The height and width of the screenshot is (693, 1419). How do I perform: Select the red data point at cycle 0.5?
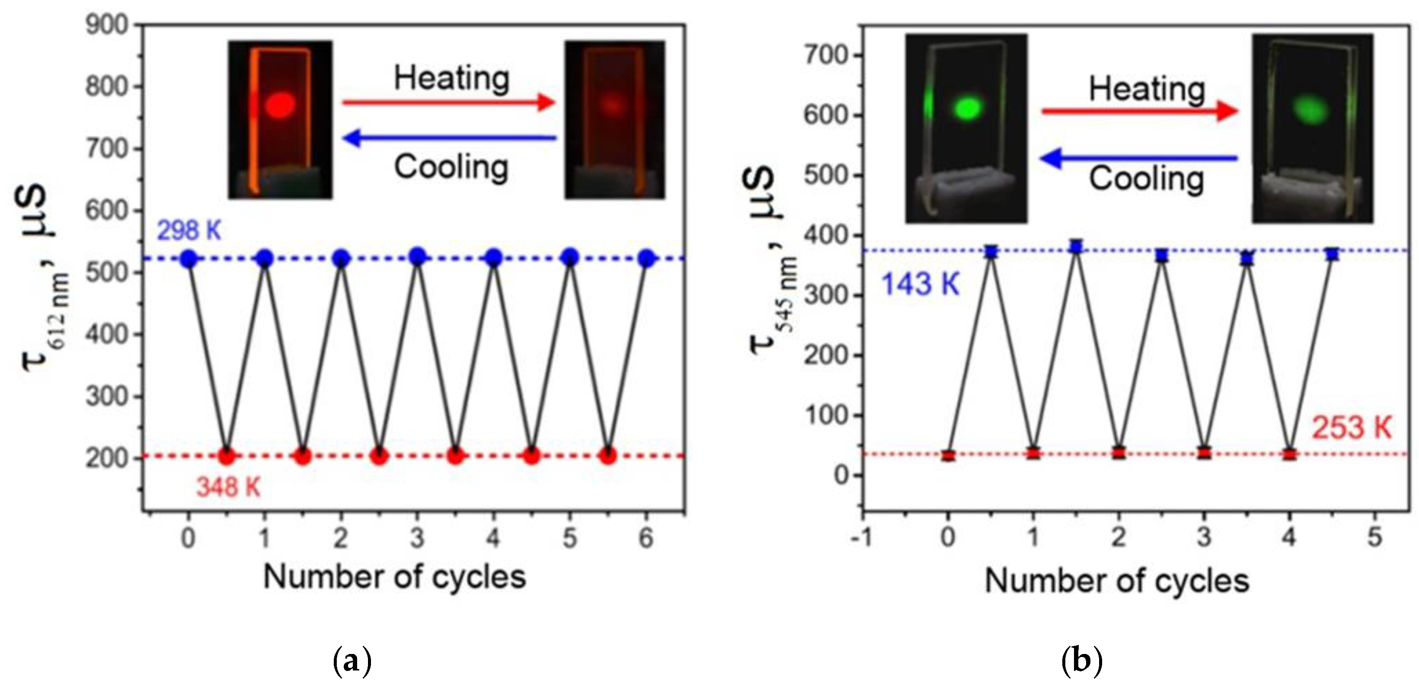click(227, 456)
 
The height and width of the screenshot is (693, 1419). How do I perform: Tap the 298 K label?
click(189, 231)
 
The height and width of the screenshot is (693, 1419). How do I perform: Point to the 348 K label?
click(228, 488)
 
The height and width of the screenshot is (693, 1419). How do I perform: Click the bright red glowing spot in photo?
click(280, 105)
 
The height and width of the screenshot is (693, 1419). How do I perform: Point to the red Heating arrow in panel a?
click(448, 102)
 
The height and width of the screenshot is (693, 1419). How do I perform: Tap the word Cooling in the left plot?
click(451, 167)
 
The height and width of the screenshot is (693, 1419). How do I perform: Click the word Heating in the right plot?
click(1147, 89)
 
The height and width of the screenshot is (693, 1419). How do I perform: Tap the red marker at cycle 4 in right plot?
click(1289, 454)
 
